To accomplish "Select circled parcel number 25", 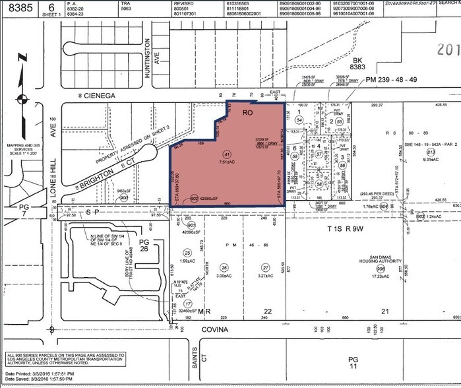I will (x=187, y=253).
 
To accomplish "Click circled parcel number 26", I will (x=225, y=267).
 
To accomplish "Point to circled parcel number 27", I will (x=266, y=267).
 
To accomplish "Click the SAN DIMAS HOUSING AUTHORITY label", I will (x=381, y=260).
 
